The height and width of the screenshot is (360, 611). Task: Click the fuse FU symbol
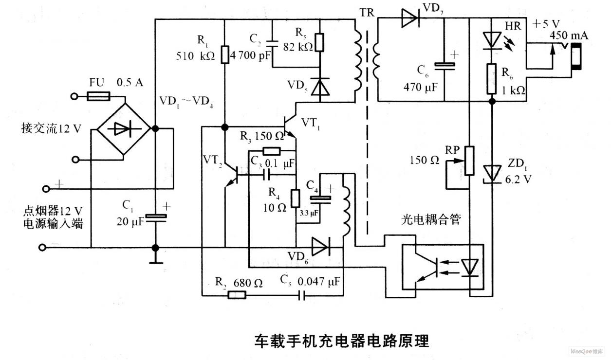tap(98, 96)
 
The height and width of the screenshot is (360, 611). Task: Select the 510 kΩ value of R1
tap(195, 56)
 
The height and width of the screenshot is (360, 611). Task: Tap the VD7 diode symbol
tap(410, 18)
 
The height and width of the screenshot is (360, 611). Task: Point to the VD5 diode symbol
tap(320, 87)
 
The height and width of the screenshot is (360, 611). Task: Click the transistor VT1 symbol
tap(290, 127)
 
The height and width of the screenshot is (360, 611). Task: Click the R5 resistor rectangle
tap(320, 42)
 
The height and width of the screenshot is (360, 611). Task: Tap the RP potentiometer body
tap(469, 161)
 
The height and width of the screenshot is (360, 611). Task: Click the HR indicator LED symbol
tap(492, 41)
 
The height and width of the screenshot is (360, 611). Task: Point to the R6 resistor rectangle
tap(492, 79)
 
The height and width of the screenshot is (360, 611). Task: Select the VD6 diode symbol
tap(321, 246)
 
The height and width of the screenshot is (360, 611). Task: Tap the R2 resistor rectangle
tap(237, 295)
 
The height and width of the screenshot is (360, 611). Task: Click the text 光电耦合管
tap(431, 219)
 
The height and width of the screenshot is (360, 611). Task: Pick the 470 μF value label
tap(420, 87)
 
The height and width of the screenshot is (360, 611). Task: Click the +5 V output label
tap(546, 24)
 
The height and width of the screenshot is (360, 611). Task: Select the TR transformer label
tap(367, 13)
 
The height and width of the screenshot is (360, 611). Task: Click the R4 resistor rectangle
tap(296, 198)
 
